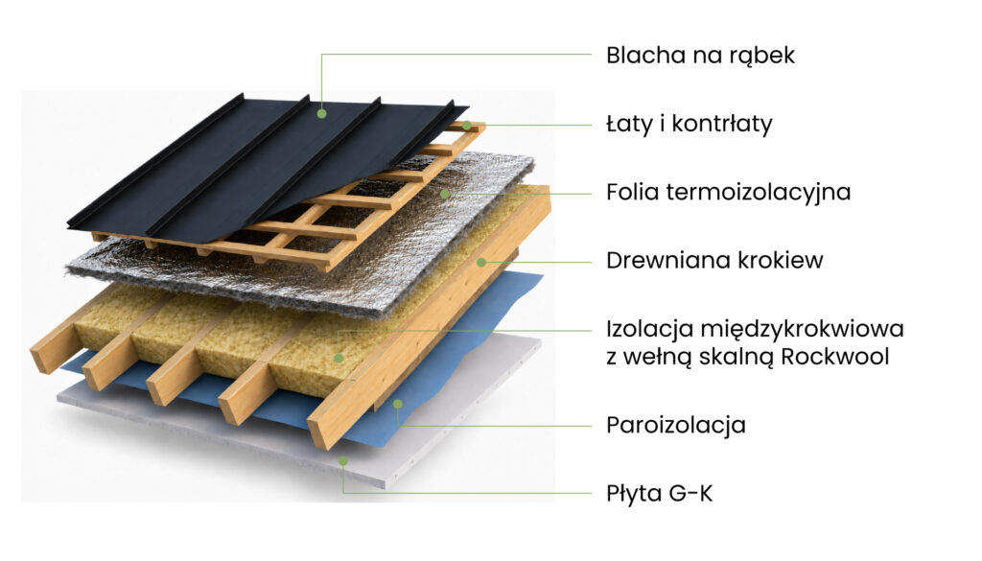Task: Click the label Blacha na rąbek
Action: click(700, 56)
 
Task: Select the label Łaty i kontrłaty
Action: click(689, 124)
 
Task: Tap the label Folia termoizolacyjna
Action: click(729, 192)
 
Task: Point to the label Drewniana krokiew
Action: click(714, 260)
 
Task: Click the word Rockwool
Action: click(835, 357)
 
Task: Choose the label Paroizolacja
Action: click(676, 425)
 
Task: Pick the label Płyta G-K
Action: click(660, 494)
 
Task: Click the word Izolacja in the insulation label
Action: click(649, 329)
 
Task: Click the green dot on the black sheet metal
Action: click(322, 114)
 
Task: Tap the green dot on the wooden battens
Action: click(467, 126)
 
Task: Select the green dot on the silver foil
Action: click(445, 194)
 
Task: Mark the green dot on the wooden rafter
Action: click(481, 263)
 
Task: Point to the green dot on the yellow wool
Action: click(339, 358)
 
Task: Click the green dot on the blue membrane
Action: click(398, 405)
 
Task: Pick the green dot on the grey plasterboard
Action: click(343, 461)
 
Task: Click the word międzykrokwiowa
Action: click(802, 329)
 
